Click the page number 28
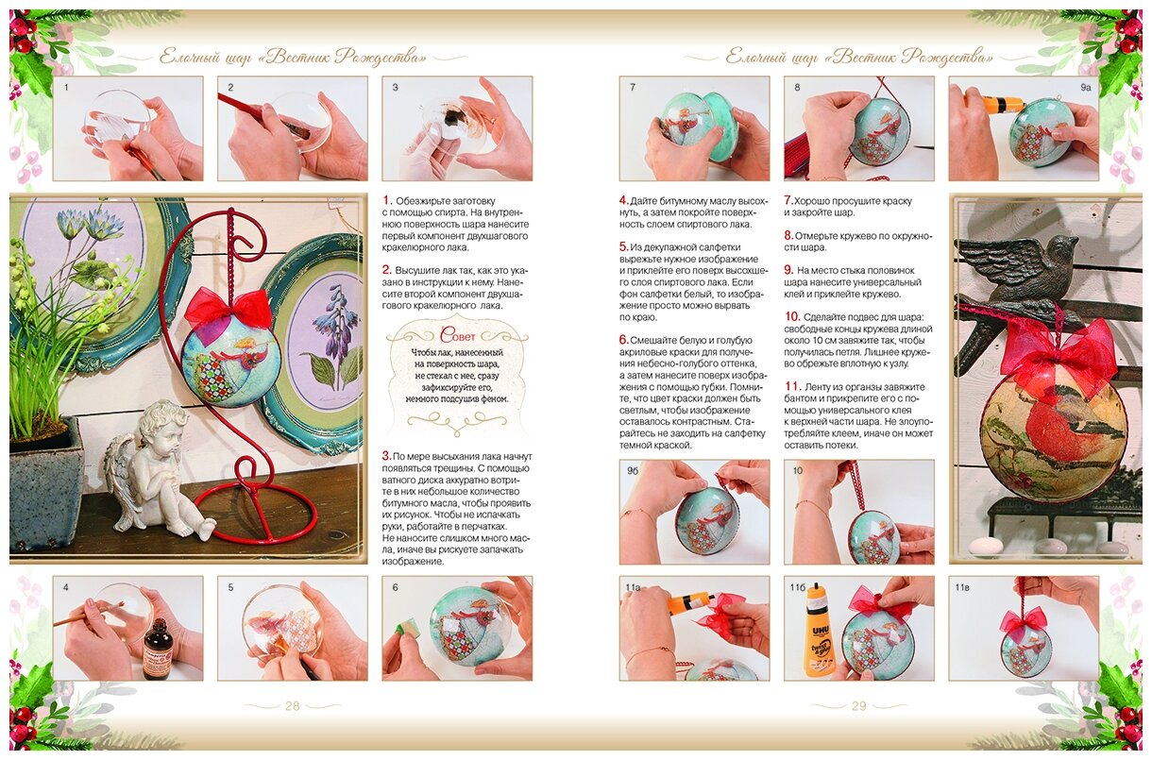[x=292, y=705]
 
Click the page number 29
[x=858, y=705]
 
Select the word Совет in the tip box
[x=457, y=335]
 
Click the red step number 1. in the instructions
[x=387, y=200]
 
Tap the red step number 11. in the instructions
[x=792, y=386]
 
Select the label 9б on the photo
[x=632, y=470]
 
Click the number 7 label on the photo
[x=633, y=88]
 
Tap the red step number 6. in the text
[x=624, y=339]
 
